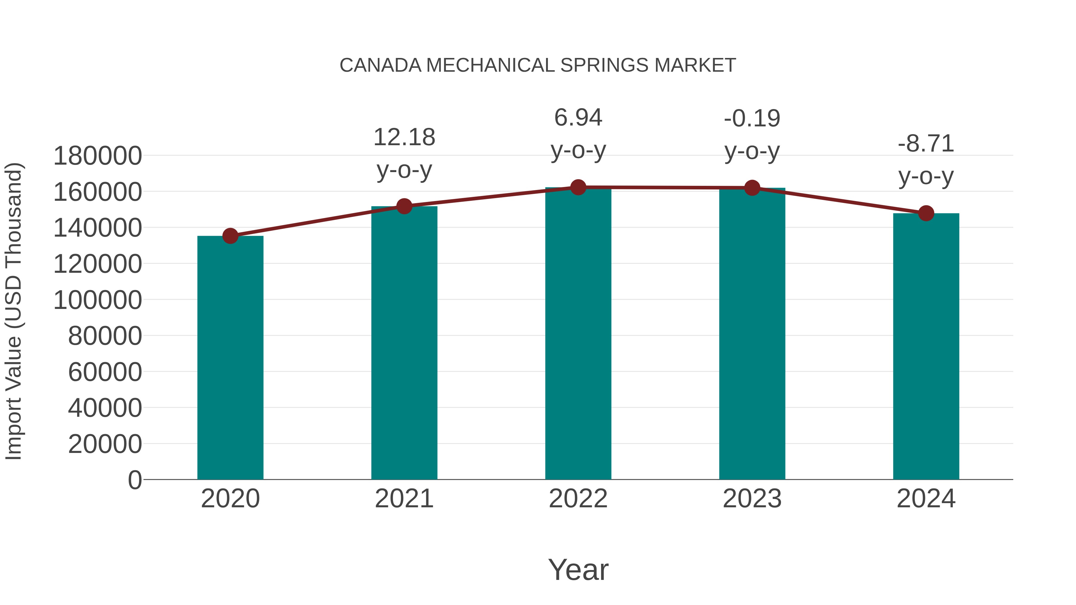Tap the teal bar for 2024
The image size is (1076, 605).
(x=926, y=346)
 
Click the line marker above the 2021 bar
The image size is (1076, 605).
(x=404, y=206)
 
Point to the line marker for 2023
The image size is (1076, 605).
(x=752, y=188)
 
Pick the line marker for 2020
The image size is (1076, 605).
(x=230, y=236)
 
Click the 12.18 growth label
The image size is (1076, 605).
(x=404, y=137)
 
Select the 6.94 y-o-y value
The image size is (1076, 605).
(x=578, y=118)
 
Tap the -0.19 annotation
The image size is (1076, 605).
(x=752, y=119)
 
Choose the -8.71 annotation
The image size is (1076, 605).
(x=926, y=144)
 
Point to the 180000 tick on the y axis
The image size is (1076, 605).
(x=98, y=156)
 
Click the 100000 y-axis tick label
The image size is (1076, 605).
(x=98, y=300)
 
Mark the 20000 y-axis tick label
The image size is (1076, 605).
(x=105, y=444)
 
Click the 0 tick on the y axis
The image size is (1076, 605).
(x=135, y=480)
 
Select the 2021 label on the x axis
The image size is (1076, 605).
(x=404, y=499)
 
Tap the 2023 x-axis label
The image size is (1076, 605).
(x=752, y=499)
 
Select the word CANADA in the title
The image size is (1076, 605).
(x=380, y=65)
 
